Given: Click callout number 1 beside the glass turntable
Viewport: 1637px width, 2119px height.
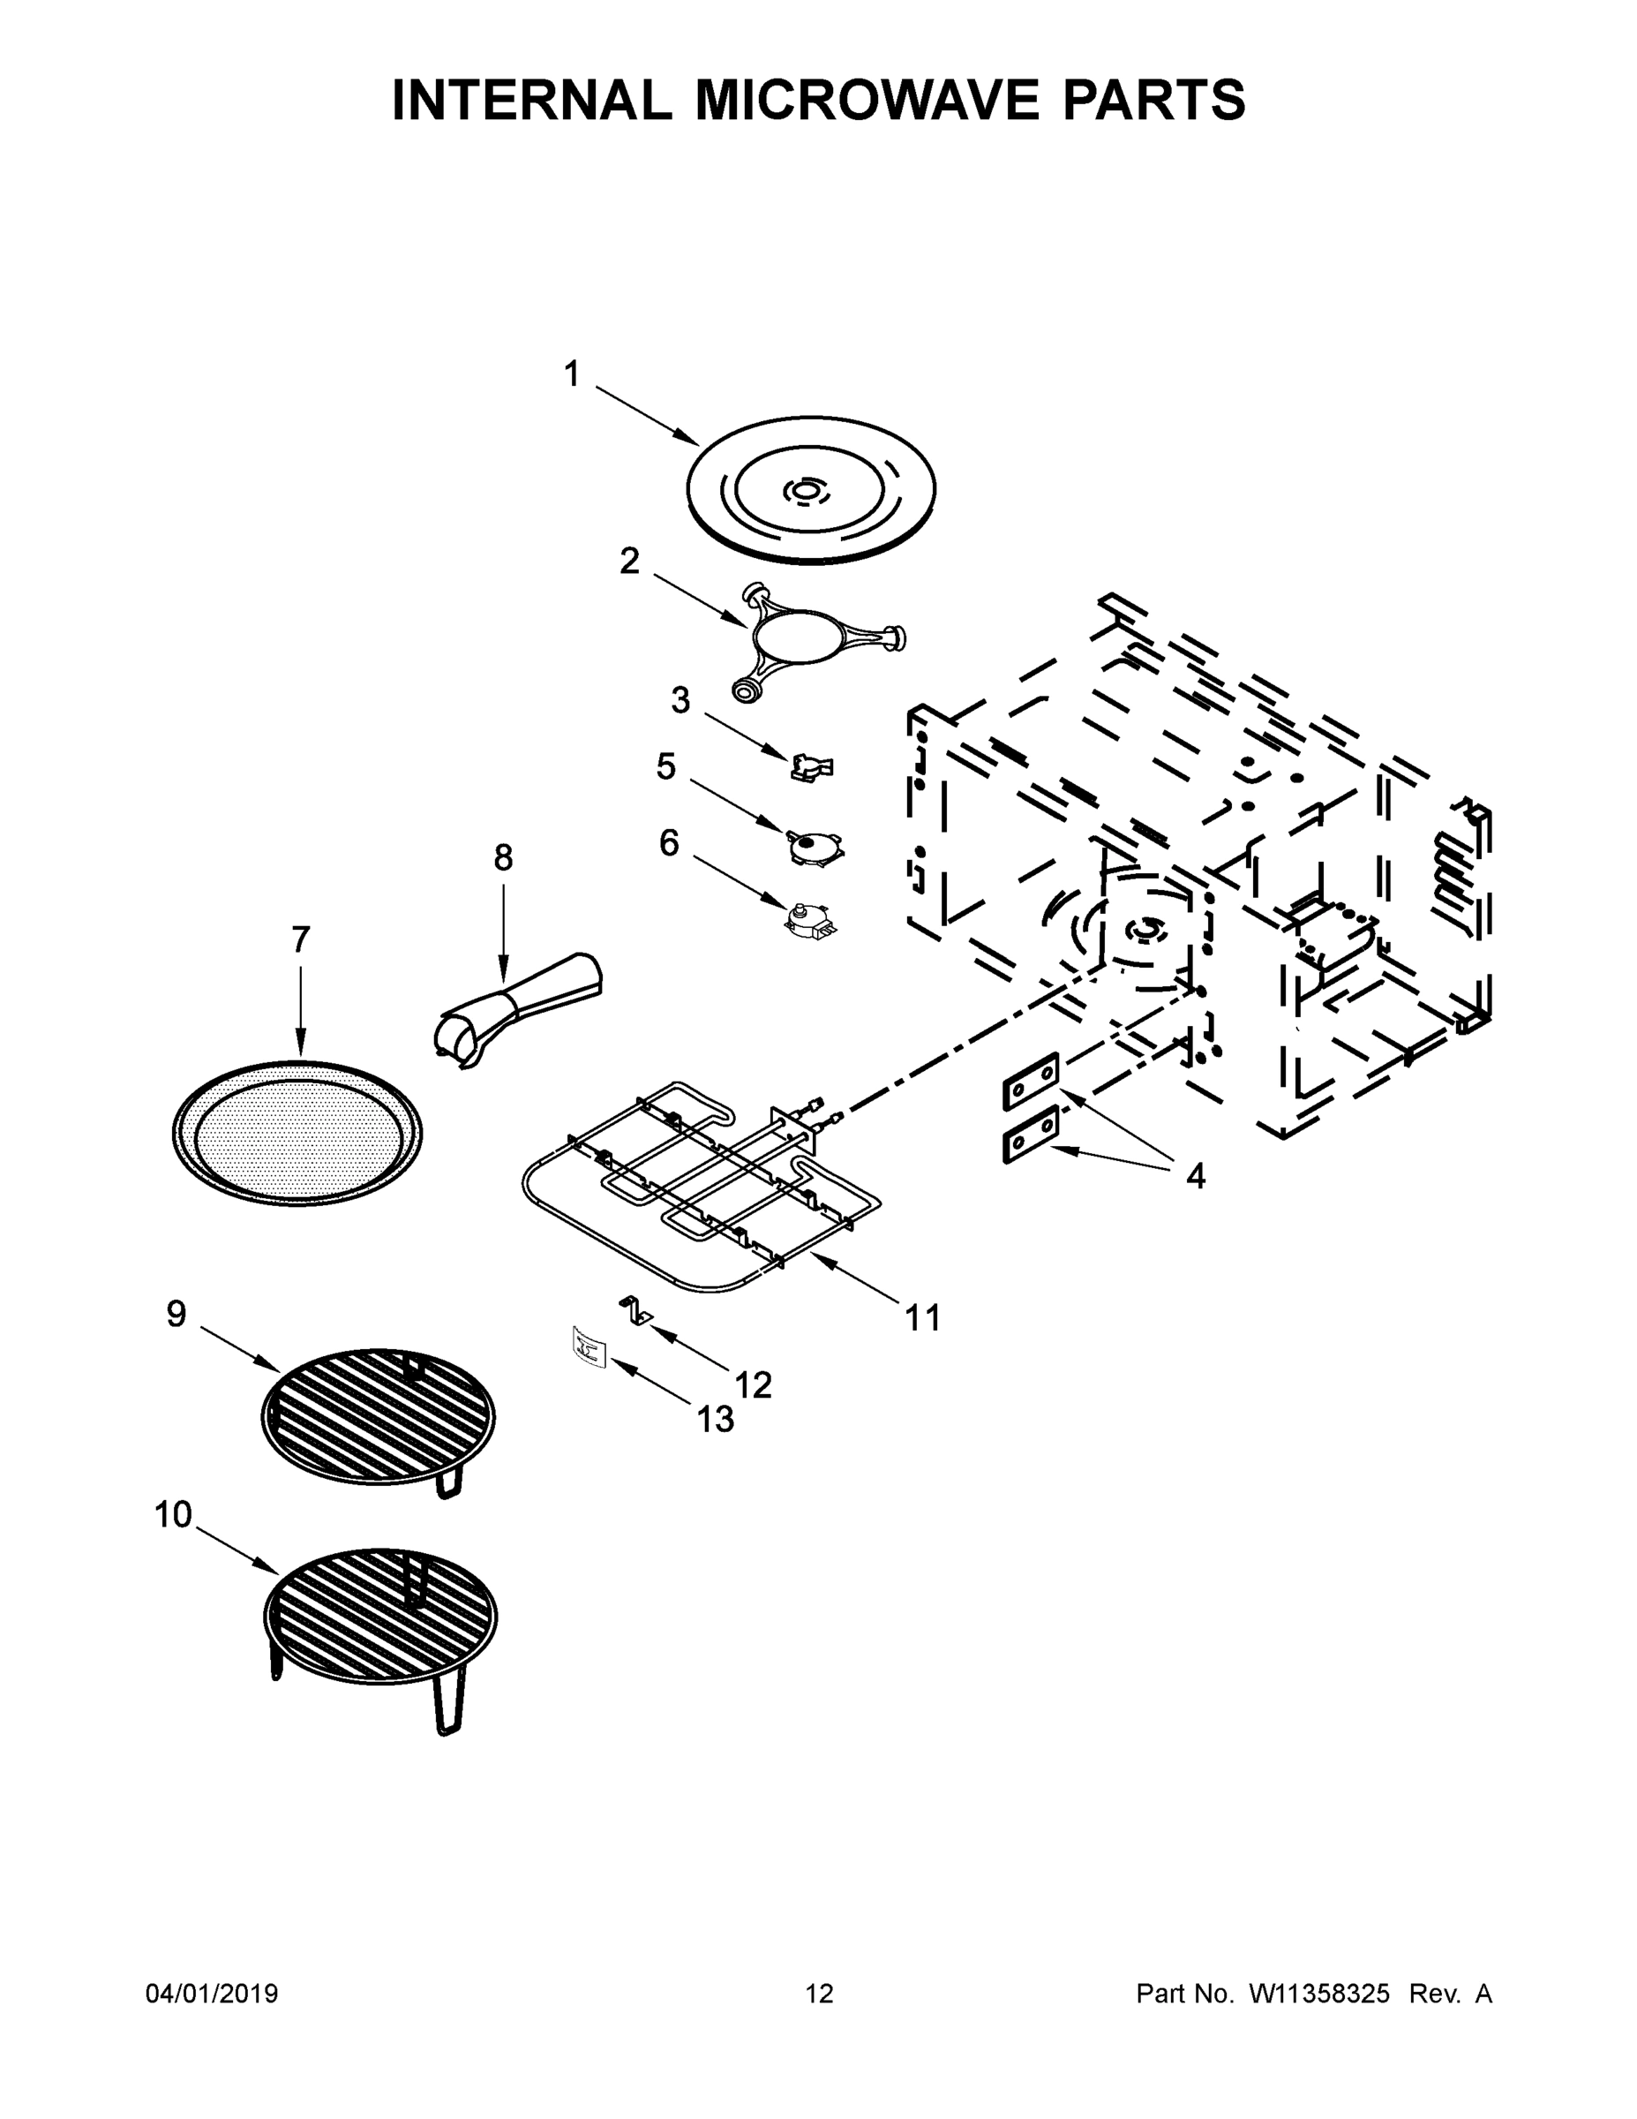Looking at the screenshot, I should coord(572,373).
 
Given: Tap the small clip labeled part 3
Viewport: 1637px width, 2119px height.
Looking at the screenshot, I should coord(812,767).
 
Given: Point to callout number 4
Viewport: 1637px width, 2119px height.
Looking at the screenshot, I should coord(1196,1176).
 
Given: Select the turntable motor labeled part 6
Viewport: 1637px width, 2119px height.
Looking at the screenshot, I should coord(811,919).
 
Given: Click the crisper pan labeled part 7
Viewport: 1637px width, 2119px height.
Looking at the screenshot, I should coord(297,1131).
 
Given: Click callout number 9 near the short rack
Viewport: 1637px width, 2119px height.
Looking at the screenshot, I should coord(176,1314).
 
